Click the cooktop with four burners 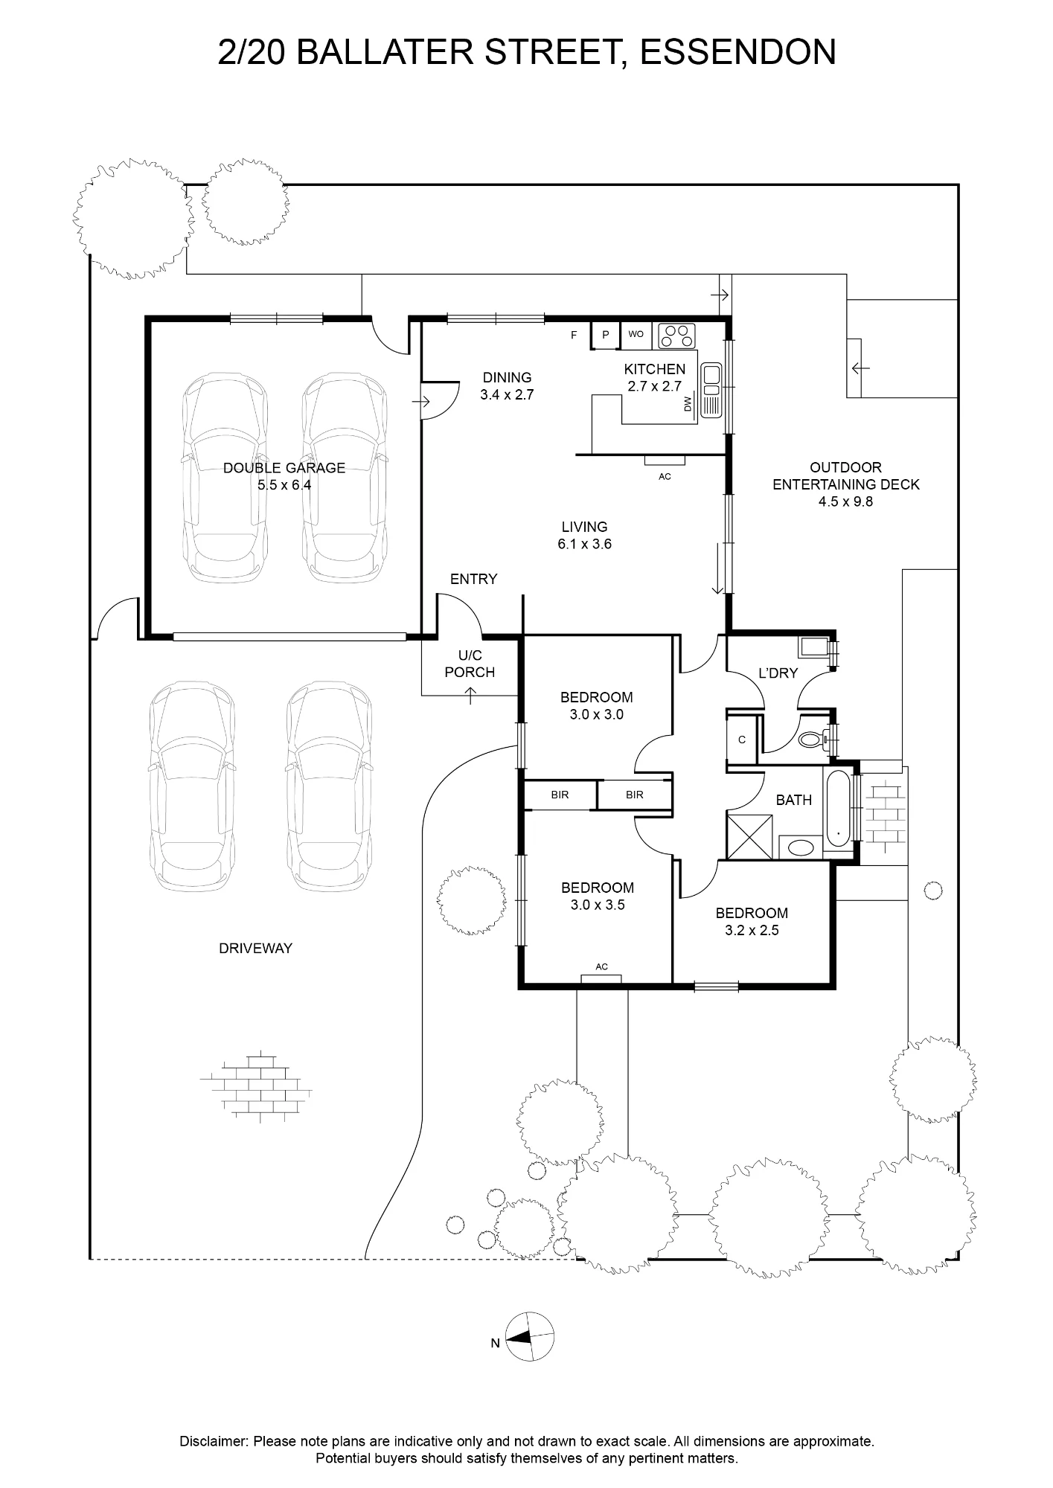point(676,336)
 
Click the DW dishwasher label point(688,404)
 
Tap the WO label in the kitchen point(636,334)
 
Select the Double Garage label point(284,468)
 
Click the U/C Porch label point(470,664)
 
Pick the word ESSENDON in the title point(737,53)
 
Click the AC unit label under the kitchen point(665,477)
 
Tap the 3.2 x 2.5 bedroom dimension point(752,930)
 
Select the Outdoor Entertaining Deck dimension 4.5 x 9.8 point(845,501)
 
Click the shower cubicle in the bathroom point(750,837)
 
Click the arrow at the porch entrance point(470,696)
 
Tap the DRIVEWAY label point(255,949)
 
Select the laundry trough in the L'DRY point(813,647)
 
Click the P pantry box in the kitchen point(606,335)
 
